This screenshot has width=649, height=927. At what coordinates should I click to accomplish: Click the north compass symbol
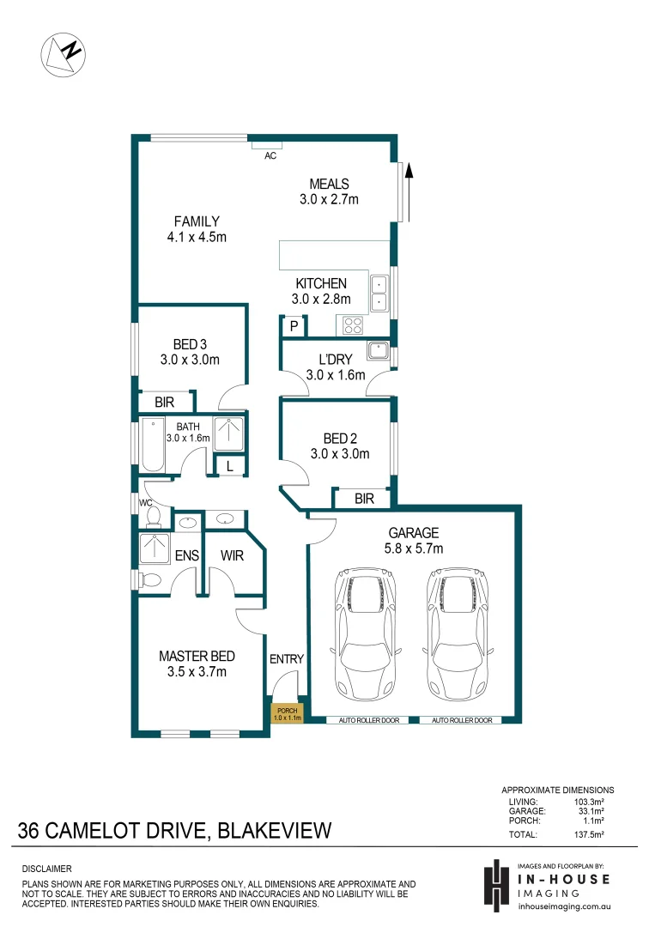point(64,54)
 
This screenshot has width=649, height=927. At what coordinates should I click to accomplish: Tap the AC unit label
point(270,156)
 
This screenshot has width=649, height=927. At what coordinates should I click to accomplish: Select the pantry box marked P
point(294,326)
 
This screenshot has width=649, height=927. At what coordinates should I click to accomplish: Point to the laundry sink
point(378,349)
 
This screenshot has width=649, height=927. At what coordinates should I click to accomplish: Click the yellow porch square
point(286,712)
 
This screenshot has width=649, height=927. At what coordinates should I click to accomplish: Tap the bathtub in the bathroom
point(153,444)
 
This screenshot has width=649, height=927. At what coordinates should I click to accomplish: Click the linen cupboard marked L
point(229,466)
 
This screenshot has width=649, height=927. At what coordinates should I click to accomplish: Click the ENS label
point(187,555)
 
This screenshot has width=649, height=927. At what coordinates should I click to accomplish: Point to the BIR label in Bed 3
point(166,402)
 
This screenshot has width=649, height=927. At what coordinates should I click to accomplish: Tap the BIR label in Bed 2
point(365,499)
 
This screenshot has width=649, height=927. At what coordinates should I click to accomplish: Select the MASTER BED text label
point(197,656)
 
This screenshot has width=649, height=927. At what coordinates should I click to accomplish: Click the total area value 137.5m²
point(588,833)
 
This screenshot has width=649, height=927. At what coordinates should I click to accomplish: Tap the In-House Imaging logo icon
point(495,885)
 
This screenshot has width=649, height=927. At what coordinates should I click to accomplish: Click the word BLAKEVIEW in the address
point(274,831)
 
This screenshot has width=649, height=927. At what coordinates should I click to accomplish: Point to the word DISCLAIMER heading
point(47,869)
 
